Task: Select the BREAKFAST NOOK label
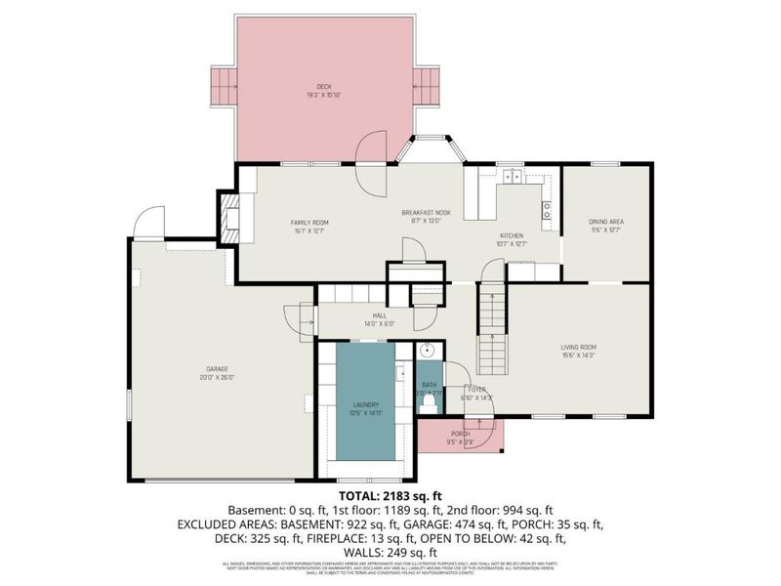[426, 213]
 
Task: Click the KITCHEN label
[513, 235]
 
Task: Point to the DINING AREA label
[605, 223]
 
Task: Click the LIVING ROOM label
[578, 347]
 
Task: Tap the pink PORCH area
[460, 435]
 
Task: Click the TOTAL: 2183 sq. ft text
[390, 496]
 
